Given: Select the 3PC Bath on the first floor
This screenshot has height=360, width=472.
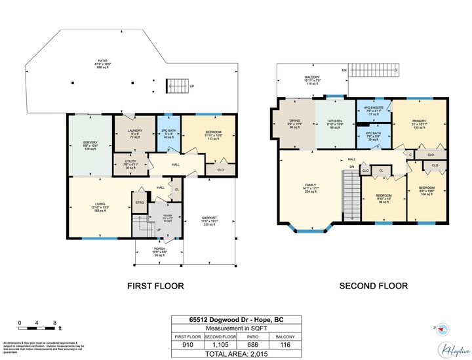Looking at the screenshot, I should click(x=168, y=134).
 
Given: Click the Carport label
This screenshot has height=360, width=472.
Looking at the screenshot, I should click(x=209, y=221).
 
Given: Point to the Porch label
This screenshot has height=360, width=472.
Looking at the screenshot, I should click(x=159, y=251).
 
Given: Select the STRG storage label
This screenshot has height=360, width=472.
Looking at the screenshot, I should click(x=139, y=203).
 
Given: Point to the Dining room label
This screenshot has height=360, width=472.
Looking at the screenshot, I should click(x=295, y=125).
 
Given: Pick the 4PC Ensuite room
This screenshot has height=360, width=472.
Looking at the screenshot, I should click(x=373, y=111).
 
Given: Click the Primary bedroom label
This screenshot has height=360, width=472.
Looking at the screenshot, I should click(x=419, y=125).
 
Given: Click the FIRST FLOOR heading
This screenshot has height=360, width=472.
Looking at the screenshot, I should click(x=155, y=286).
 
